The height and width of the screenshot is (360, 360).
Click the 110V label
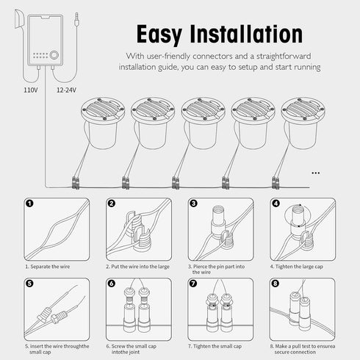click(31, 90)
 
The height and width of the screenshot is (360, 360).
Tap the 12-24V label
click(66, 90)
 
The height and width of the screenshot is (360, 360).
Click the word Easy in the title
click(159, 35)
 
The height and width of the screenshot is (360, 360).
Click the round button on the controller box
click(54, 55)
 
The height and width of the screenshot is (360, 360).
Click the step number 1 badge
click(29, 204)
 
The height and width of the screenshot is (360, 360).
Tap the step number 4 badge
click(276, 204)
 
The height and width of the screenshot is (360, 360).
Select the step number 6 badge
click(112, 284)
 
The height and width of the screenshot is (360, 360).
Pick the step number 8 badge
click(276, 284)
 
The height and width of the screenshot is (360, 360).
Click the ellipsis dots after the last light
click(315, 173)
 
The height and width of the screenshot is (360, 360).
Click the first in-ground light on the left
click(103, 123)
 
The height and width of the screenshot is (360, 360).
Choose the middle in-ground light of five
click(204, 123)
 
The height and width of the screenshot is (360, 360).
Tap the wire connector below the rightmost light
click(276, 183)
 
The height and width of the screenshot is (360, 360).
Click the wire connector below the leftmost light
click(76, 183)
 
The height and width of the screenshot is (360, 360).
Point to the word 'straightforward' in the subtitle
click(284, 57)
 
